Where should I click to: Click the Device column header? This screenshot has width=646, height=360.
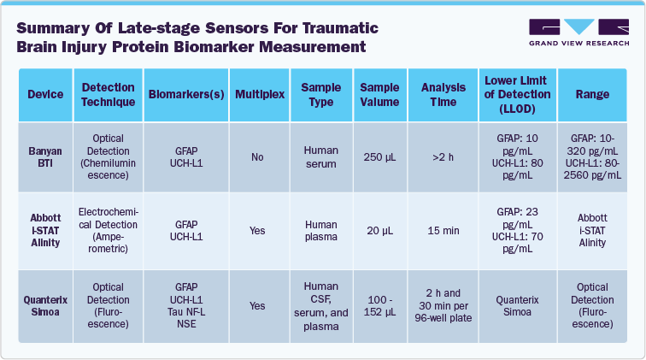[46, 94]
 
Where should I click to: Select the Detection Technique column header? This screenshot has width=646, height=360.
[108, 94]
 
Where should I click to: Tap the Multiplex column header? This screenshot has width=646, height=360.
[259, 94]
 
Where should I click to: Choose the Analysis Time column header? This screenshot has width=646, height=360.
[442, 94]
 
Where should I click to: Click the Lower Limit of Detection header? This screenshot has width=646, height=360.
[514, 94]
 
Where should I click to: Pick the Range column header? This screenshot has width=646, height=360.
[592, 94]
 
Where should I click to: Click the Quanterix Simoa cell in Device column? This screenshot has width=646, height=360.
[46, 305]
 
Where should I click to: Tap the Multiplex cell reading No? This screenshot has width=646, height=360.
[259, 157]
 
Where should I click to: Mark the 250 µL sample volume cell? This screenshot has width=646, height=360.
[379, 157]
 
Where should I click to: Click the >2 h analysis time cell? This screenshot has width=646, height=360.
[442, 157]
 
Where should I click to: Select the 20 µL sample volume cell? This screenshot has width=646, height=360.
[379, 230]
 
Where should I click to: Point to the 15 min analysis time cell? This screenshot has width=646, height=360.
[442, 230]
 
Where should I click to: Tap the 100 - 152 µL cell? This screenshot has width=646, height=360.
[379, 305]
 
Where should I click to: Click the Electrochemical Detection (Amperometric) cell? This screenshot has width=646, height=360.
[108, 230]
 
